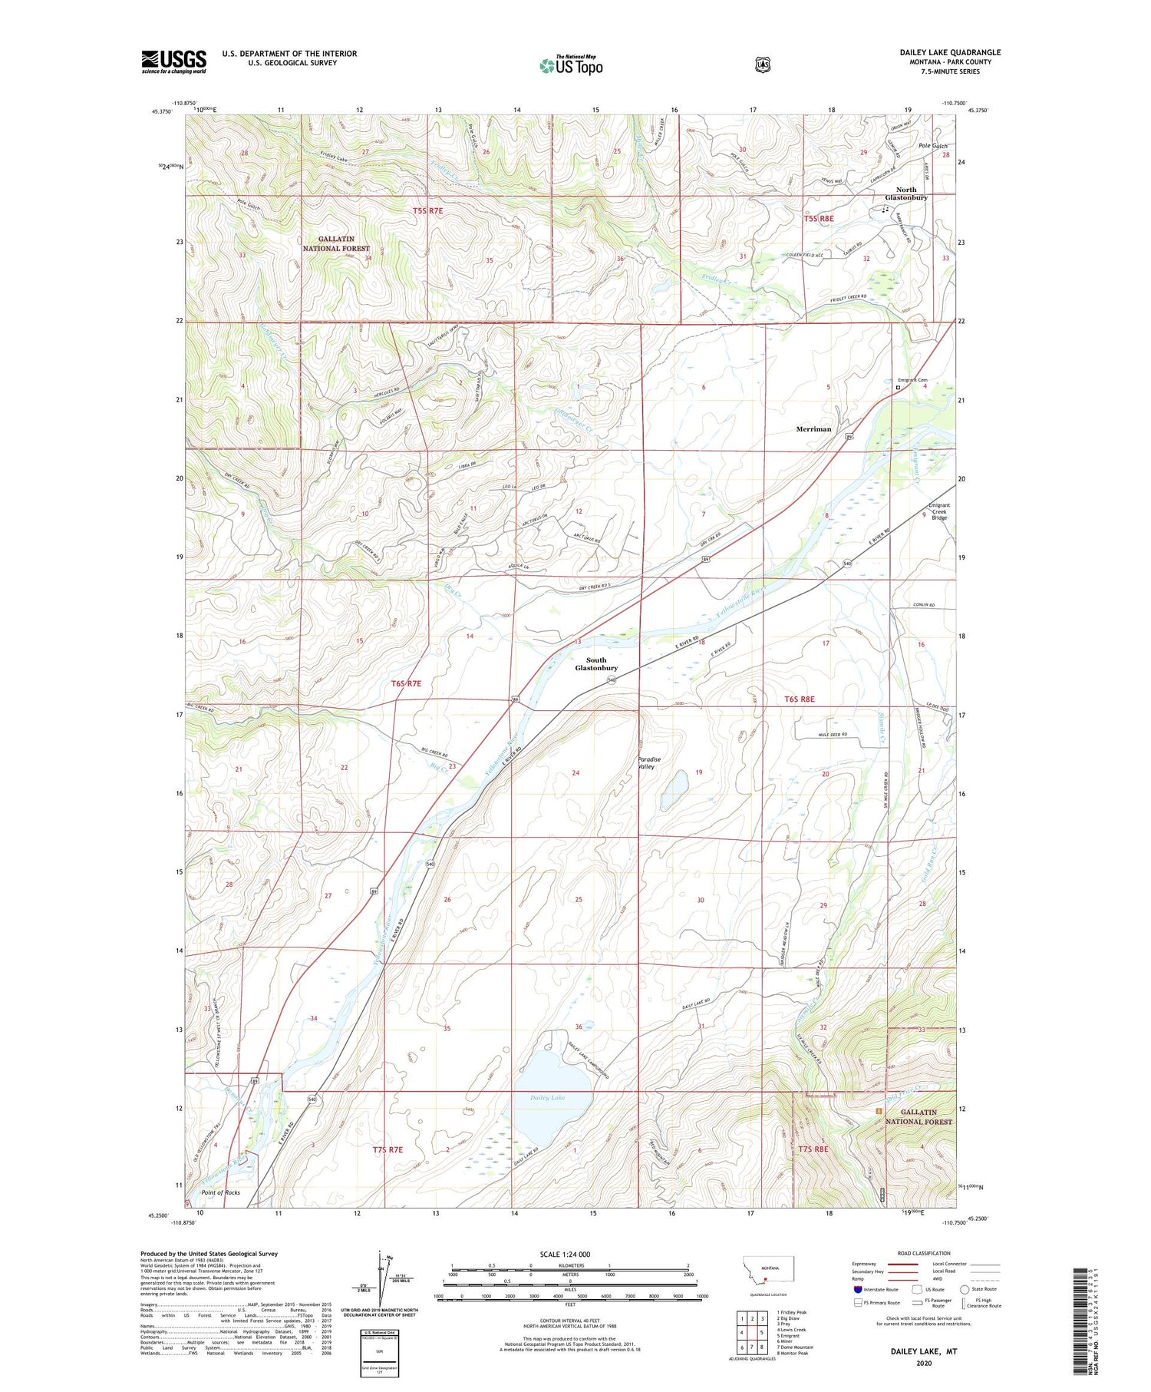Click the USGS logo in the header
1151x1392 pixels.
coord(173,61)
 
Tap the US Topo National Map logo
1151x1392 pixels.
coord(571,64)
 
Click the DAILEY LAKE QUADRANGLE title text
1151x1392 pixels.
coord(950,53)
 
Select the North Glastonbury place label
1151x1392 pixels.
coord(906,193)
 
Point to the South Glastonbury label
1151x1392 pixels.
coord(596,664)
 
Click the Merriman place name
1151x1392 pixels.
coord(813,429)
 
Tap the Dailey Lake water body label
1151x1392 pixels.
coord(547,1098)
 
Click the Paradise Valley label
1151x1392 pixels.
coord(649,762)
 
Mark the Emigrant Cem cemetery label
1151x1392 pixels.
coord(913,380)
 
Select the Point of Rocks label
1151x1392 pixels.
coord(220,1192)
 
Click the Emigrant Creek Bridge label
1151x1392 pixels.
coord(939,511)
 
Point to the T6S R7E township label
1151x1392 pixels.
coord(406,683)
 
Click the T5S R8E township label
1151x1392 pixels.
coord(818,219)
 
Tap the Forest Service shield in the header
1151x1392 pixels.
coord(762,65)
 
